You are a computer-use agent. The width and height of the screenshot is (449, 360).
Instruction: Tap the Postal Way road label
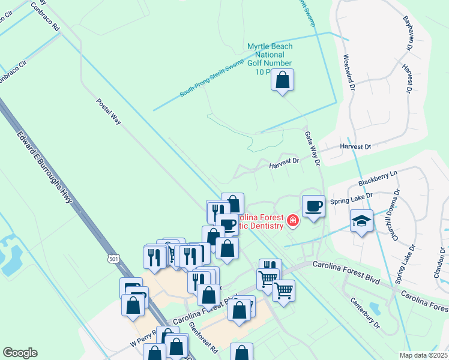pos(109,112)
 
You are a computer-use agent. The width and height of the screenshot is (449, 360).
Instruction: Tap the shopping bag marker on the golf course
pos(283,80)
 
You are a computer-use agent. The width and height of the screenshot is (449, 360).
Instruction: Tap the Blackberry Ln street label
pos(378,178)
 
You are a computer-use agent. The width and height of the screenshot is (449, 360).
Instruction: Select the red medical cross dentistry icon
pos(292,221)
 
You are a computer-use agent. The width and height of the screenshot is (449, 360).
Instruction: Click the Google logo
pos(20,353)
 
